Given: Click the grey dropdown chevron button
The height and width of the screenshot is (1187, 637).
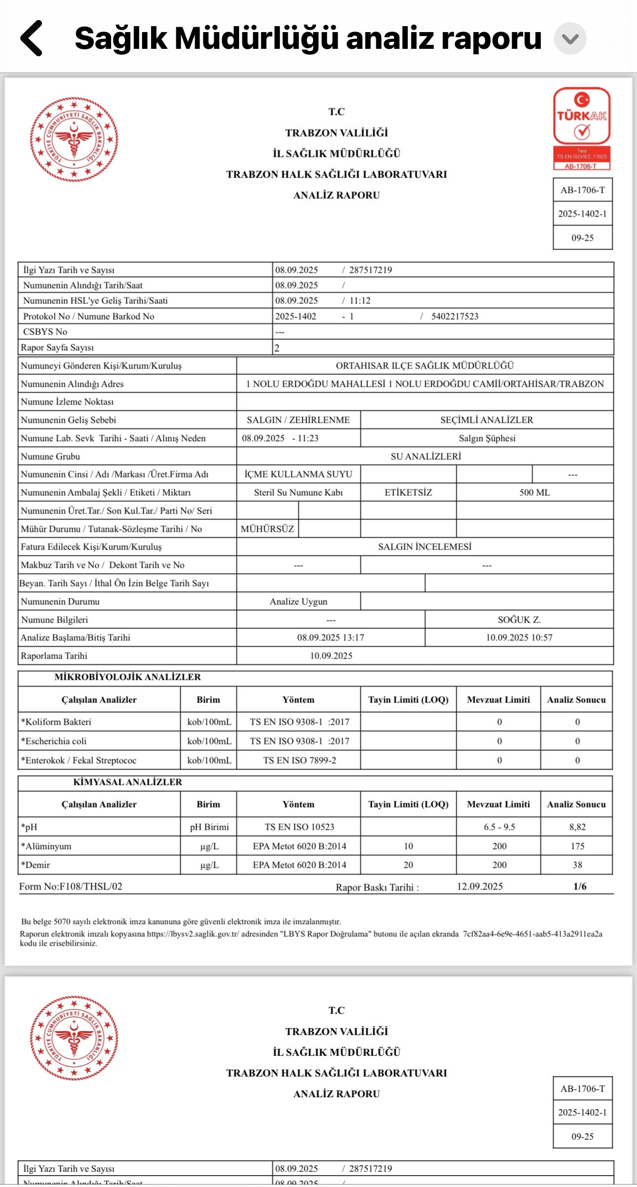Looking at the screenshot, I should pyautogui.click(x=570, y=38).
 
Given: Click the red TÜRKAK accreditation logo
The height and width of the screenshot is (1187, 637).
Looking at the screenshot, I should pyautogui.click(x=582, y=129).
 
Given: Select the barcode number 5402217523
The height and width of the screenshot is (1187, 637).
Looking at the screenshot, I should pyautogui.click(x=455, y=316).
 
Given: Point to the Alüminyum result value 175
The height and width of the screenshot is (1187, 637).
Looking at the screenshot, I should pyautogui.click(x=577, y=846).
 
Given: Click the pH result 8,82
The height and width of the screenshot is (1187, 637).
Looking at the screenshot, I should pyautogui.click(x=577, y=827).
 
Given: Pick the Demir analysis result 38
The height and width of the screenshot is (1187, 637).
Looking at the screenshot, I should pyautogui.click(x=577, y=865).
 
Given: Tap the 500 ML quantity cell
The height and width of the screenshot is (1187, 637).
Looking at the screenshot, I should pyautogui.click(x=534, y=492).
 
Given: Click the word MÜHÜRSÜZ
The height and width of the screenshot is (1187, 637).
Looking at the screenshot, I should pyautogui.click(x=267, y=529).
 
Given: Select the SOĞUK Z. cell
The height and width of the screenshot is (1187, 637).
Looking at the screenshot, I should pyautogui.click(x=519, y=620).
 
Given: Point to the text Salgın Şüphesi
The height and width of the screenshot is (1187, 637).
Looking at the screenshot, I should pyautogui.click(x=487, y=438).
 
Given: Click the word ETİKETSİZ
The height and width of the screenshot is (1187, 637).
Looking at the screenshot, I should pyautogui.click(x=408, y=492).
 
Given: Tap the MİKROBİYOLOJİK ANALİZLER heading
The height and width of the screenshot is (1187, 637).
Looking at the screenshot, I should pyautogui.click(x=127, y=677).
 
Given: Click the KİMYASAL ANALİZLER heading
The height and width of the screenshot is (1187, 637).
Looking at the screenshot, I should pyautogui.click(x=127, y=782).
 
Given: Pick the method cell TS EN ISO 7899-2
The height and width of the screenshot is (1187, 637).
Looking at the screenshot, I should pyautogui.click(x=299, y=760).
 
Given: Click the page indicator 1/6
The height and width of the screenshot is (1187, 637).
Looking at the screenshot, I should pyautogui.click(x=580, y=887).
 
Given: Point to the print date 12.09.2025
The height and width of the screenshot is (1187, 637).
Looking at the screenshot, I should pyautogui.click(x=479, y=887).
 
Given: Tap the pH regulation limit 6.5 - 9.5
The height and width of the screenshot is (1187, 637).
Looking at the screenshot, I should pyautogui.click(x=499, y=827).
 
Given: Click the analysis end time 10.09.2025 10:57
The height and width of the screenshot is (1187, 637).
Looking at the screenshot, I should pyautogui.click(x=519, y=637).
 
